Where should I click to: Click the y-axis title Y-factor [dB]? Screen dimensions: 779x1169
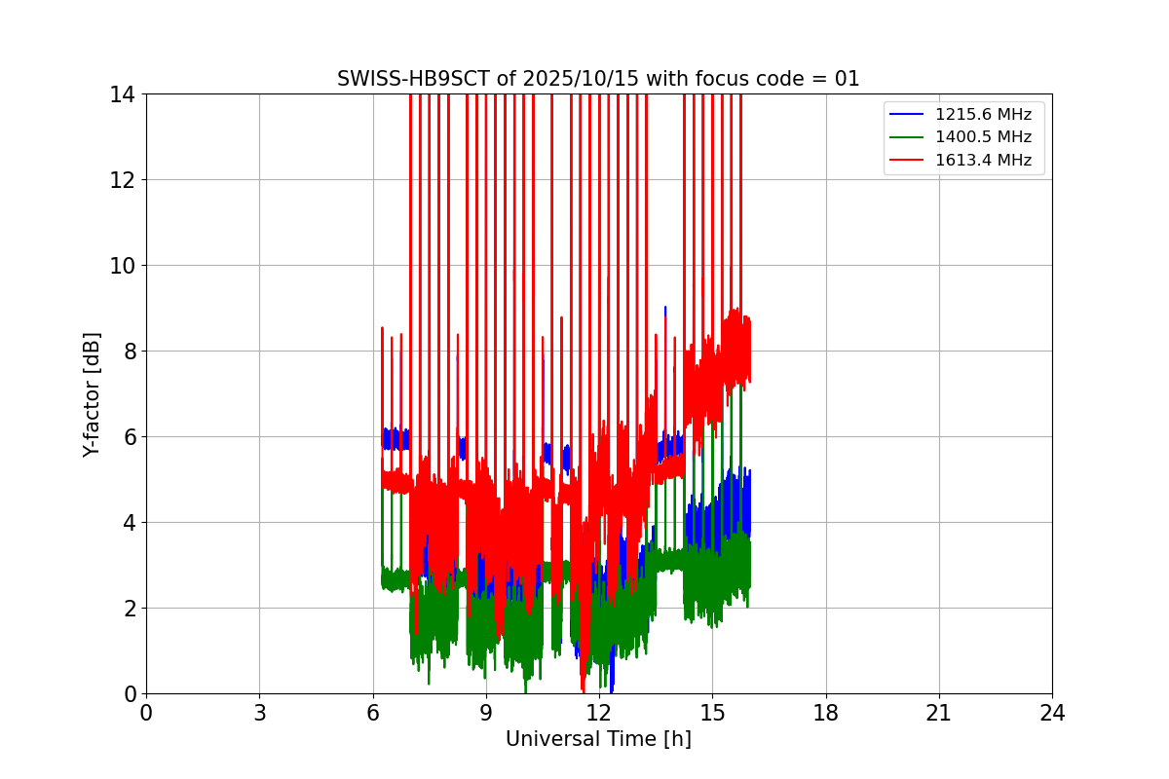(92, 394)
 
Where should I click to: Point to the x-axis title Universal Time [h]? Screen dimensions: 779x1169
(598, 739)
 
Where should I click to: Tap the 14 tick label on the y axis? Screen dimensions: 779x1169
(123, 94)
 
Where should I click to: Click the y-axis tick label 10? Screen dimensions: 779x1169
(123, 266)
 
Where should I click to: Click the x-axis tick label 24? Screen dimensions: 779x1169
(1052, 713)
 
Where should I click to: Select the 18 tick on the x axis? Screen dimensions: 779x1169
(826, 713)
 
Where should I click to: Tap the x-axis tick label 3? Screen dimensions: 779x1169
(259, 713)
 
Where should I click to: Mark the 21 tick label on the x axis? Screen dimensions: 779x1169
(939, 713)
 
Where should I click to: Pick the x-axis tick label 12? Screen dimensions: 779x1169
(599, 713)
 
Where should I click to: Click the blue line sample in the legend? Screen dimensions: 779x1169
(906, 115)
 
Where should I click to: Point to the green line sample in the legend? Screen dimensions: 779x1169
(906, 137)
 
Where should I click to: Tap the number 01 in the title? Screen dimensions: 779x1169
(847, 79)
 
